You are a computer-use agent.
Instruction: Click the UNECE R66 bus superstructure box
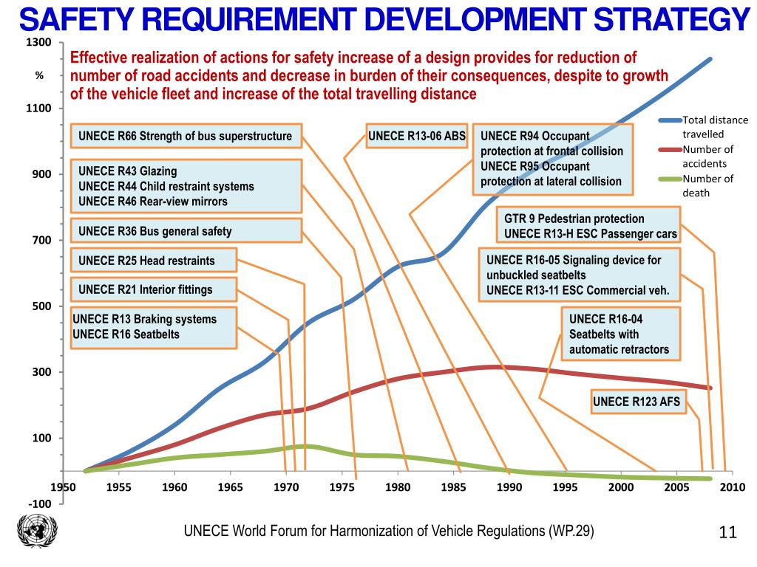tap(186, 137)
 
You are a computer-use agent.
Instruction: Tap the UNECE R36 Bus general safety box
tap(186, 231)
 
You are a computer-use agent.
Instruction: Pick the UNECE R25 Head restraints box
tap(153, 260)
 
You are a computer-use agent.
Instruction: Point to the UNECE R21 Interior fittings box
tap(153, 289)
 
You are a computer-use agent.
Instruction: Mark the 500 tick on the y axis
tap(42, 306)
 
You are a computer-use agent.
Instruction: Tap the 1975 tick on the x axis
tap(342, 487)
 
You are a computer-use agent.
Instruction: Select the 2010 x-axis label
tap(732, 487)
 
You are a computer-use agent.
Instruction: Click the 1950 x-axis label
tap(63, 487)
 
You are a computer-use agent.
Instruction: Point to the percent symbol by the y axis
tap(40, 76)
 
